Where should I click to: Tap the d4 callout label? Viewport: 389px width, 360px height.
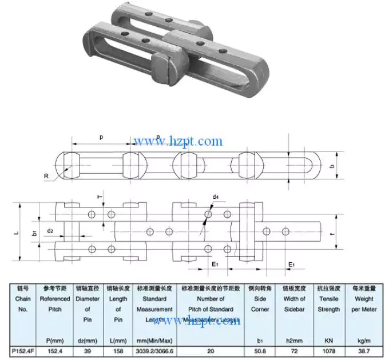[x=215, y=198]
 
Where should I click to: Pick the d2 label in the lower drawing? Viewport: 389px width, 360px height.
[x=50, y=231]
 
